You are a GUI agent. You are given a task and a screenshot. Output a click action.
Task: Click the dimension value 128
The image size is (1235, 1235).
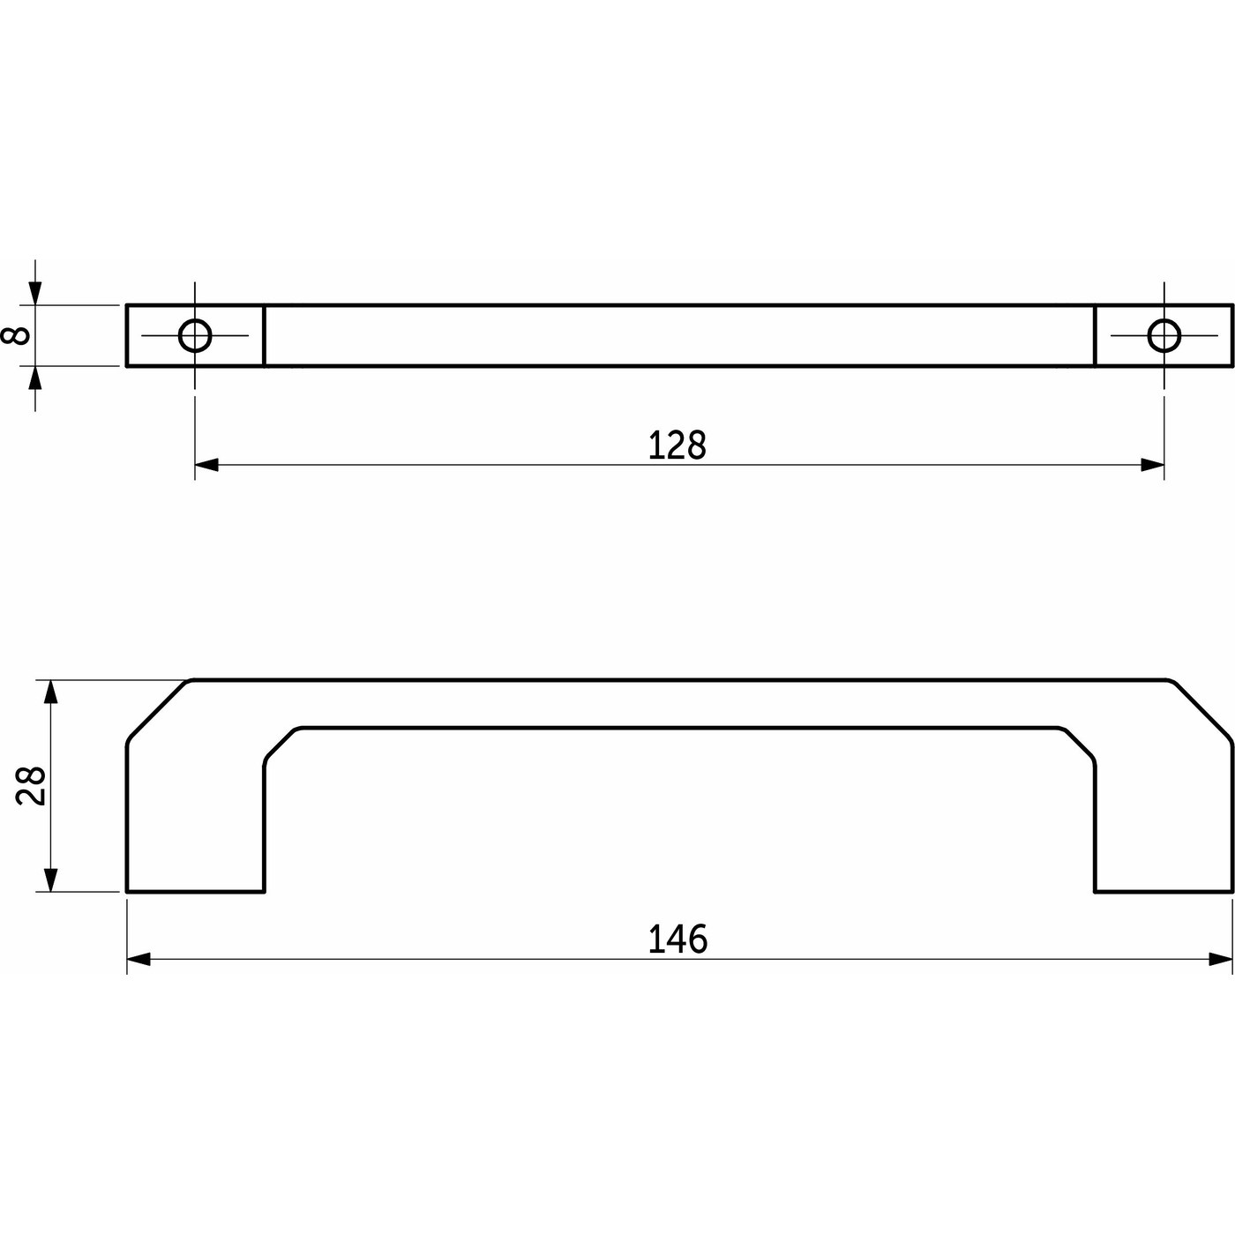tap(677, 445)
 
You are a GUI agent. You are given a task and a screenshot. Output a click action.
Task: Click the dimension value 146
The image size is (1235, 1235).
tap(677, 939)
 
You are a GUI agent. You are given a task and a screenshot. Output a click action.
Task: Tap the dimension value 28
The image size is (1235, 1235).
tap(30, 785)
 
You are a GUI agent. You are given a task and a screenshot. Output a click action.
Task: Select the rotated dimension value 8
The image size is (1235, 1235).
tap(16, 335)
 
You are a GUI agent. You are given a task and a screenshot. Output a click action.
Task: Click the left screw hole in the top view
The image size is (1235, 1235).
tap(195, 335)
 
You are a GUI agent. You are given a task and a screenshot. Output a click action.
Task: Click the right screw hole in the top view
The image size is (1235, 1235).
tap(1164, 335)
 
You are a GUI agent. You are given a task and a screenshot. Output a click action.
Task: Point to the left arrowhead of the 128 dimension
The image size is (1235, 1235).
tap(206, 465)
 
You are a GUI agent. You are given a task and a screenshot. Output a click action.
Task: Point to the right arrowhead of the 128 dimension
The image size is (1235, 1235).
tap(1152, 465)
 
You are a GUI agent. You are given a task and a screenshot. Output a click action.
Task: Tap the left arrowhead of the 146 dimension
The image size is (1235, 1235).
tap(138, 960)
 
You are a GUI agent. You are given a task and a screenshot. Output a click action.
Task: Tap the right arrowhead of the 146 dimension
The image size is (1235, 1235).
tap(1220, 960)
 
